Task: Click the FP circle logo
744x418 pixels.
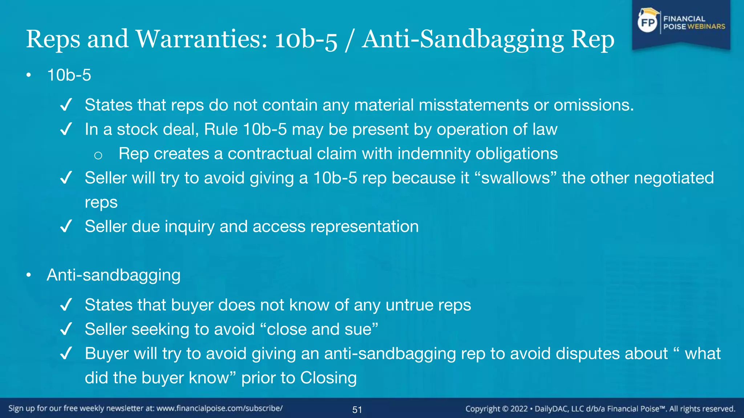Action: (648, 22)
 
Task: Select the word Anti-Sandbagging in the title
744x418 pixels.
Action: (463, 39)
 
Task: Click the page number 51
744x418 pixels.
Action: (357, 410)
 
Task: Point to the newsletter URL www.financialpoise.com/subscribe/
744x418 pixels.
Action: (219, 408)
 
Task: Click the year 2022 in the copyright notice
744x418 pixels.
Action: (519, 409)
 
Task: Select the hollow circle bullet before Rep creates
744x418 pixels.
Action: (98, 155)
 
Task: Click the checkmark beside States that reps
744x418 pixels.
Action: (66, 105)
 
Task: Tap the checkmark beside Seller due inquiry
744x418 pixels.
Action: (66, 227)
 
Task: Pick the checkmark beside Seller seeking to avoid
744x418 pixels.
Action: (66, 329)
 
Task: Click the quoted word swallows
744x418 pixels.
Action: (515, 178)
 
